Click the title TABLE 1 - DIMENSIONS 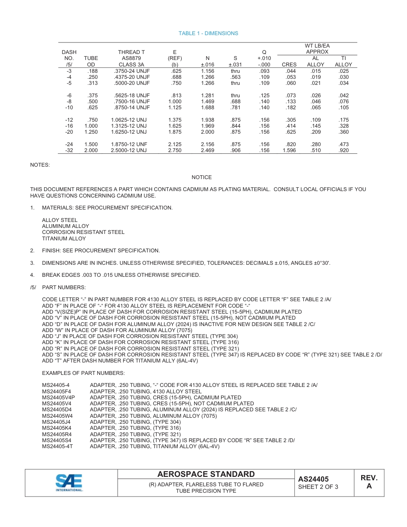tap(208, 33)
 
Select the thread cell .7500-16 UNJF tap(132, 102)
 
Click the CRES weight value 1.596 tap(289, 150)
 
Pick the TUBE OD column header tap(91, 61)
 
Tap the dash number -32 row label tap(69, 150)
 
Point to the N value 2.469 tap(207, 150)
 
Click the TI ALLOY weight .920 tap(343, 150)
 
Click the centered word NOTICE tap(201, 177)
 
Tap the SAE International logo tap(69, 482)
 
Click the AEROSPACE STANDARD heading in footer tap(206, 474)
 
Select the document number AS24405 tap(313, 479)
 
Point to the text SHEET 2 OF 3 tap(318, 487)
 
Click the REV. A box tap(369, 482)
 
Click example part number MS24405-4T tap(57, 446)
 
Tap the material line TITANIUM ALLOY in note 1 tap(64, 239)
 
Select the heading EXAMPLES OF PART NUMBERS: tap(83, 373)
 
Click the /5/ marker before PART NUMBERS tap(33, 287)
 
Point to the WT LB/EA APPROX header tap(317, 49)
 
